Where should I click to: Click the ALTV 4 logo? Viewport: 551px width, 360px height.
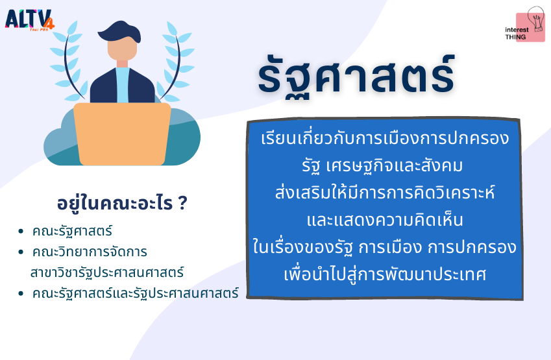coord(29,20)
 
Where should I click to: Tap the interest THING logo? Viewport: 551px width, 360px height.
coord(525,25)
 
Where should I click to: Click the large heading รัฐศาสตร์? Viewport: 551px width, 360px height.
coord(356,77)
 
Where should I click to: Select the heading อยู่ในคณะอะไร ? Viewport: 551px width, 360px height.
coord(122,204)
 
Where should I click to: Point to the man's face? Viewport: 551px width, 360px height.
coord(122,49)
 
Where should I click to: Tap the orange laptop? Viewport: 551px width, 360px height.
coord(122,134)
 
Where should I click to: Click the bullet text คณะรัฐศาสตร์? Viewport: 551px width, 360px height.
coord(72,232)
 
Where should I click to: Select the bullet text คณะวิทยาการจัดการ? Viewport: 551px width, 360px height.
coord(90,252)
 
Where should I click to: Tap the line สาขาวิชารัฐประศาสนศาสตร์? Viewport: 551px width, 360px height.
coord(107,272)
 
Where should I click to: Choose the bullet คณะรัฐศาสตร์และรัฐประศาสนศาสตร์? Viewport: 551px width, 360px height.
coord(136,293)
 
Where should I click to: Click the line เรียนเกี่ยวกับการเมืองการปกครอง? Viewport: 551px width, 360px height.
coord(385,138)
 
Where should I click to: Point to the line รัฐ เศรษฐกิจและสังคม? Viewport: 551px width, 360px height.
coord(382,166)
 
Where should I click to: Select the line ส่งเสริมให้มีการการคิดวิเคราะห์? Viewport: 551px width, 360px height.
coord(385,193)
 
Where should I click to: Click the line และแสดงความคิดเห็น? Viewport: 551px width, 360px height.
coord(385,220)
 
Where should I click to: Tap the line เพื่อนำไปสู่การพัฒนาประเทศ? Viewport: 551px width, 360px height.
coord(385,274)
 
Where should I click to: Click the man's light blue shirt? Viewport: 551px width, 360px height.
coord(122,84)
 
